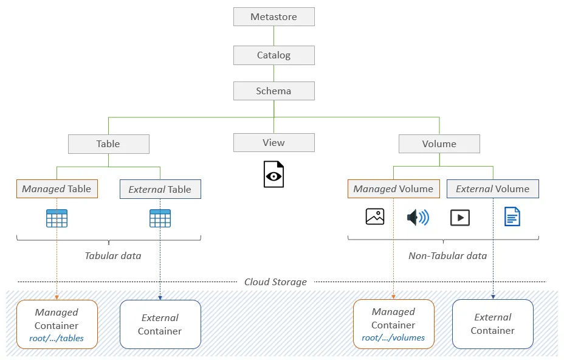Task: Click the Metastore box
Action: click(x=273, y=17)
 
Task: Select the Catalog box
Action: click(x=273, y=55)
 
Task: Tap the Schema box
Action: click(x=273, y=91)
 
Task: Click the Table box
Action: click(x=108, y=144)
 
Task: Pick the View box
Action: click(x=273, y=143)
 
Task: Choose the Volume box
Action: click(x=439, y=144)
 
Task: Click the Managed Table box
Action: click(x=57, y=189)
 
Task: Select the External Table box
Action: click(x=160, y=190)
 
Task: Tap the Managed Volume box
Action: click(x=393, y=189)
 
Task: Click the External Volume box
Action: click(x=492, y=189)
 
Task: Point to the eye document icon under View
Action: click(x=273, y=175)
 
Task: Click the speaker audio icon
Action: click(x=418, y=217)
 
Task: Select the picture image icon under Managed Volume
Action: click(x=375, y=216)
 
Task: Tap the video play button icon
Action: click(x=460, y=217)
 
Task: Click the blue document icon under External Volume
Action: click(x=512, y=216)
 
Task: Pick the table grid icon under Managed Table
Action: click(x=57, y=218)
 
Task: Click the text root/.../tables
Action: click(x=57, y=339)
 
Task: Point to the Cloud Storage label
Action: click(x=275, y=282)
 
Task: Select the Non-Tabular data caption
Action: click(x=447, y=256)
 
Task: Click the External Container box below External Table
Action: click(x=160, y=324)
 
